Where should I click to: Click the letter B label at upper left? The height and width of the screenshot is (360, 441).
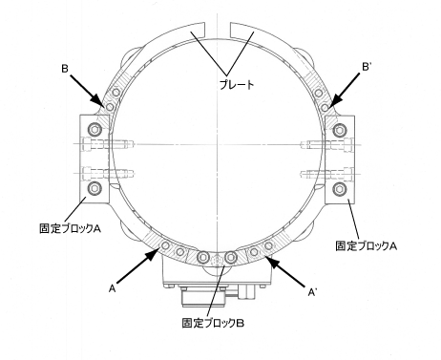[65, 69]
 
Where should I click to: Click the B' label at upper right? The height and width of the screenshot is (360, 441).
[366, 67]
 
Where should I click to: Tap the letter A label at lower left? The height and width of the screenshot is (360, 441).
[112, 288]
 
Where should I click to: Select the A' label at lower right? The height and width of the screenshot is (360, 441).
[312, 292]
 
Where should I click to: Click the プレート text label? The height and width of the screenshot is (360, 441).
[237, 84]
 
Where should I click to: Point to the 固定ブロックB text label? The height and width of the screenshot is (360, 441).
[213, 323]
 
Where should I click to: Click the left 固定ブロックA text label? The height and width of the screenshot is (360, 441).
[71, 228]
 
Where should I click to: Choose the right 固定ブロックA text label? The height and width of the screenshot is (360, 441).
[367, 245]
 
